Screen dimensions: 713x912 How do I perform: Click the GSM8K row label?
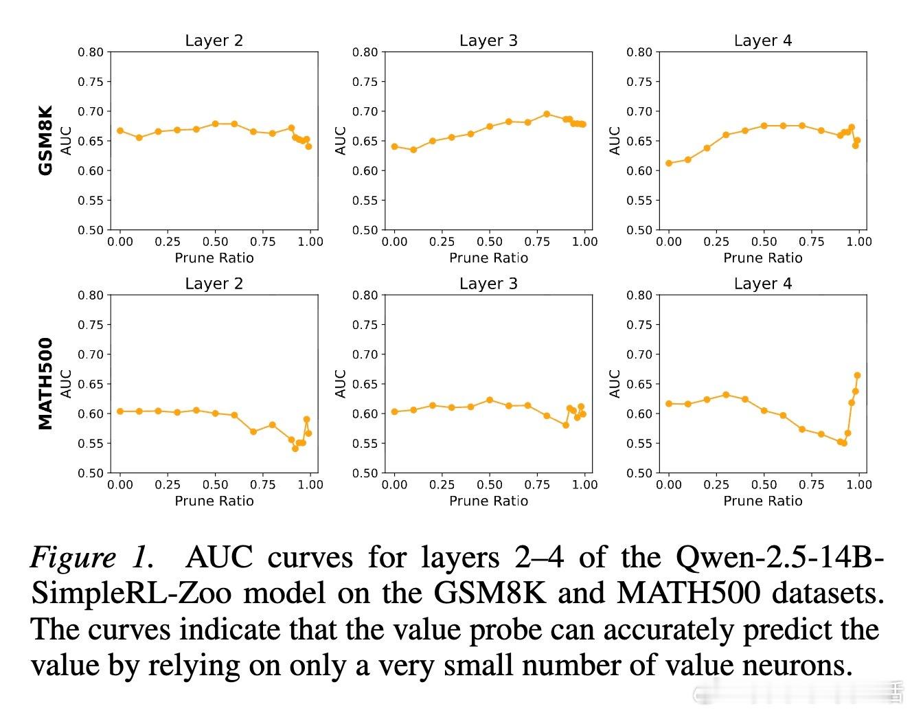46,140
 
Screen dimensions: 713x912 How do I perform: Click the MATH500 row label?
46,383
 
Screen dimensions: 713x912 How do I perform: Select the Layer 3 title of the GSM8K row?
488,41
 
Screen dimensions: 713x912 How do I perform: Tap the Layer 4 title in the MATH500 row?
762,284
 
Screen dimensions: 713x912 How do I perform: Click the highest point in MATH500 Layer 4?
857,375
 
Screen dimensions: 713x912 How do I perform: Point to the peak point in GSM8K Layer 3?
547,114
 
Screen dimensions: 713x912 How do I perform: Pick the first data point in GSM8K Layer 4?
669,163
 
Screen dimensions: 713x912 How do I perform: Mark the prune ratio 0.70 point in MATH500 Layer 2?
253,431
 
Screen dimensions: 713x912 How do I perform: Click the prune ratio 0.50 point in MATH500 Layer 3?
490,400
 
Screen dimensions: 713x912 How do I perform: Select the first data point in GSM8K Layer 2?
120,131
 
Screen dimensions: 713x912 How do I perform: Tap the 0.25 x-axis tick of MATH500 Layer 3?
442,485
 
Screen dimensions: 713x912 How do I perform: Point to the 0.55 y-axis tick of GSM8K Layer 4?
639,201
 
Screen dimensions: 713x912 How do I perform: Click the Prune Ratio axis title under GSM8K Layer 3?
488,258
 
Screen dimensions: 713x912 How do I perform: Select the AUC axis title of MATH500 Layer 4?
615,383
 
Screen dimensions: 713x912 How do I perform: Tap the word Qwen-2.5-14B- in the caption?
779,556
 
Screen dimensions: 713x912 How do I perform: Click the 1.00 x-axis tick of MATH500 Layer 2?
310,485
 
